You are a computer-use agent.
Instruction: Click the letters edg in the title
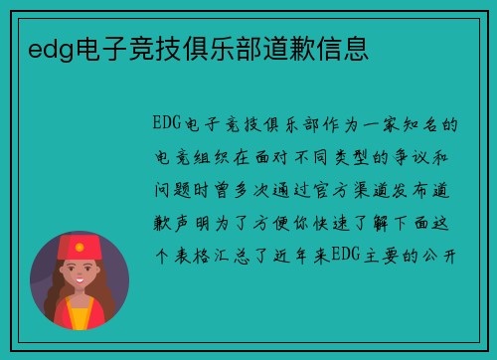coord(41,47)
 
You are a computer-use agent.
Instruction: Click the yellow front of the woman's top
coord(79,317)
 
